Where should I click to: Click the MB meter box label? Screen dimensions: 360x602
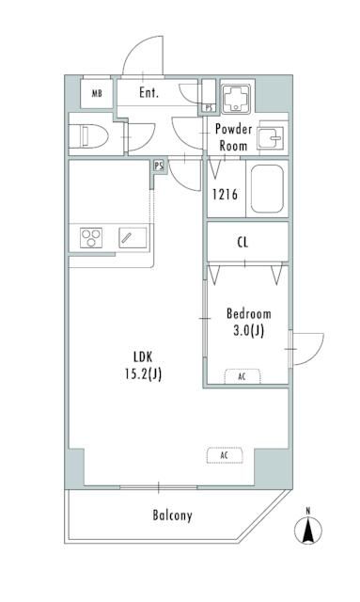click(x=97, y=93)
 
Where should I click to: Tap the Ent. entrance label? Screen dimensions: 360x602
click(x=149, y=92)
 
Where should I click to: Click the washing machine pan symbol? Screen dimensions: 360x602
click(x=237, y=97)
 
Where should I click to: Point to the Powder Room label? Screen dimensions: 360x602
click(x=233, y=137)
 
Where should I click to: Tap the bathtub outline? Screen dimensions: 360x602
click(x=267, y=189)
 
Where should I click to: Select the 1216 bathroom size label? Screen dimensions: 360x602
click(x=226, y=195)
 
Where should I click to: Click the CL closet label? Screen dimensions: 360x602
click(x=243, y=243)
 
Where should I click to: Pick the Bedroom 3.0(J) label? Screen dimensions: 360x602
click(x=249, y=322)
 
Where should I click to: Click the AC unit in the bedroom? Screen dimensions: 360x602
click(x=243, y=376)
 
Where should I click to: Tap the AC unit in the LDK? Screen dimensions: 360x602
click(x=225, y=455)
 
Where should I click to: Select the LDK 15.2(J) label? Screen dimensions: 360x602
click(x=143, y=365)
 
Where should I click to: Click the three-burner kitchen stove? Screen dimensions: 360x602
click(x=91, y=238)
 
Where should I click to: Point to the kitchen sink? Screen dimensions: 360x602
click(x=133, y=238)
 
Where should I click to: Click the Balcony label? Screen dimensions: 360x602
click(x=172, y=515)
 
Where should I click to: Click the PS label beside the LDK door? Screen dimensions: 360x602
click(x=159, y=166)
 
